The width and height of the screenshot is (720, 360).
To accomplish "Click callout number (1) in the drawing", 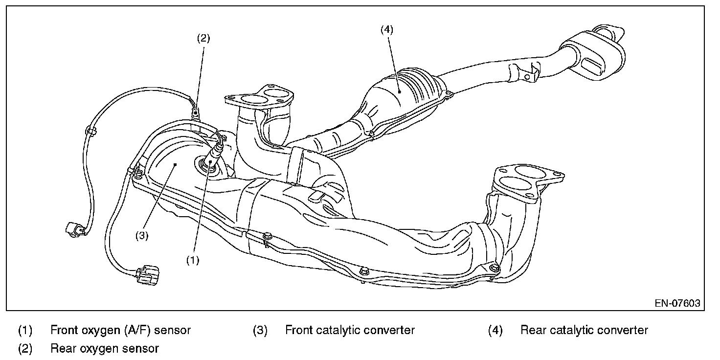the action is (x=193, y=260).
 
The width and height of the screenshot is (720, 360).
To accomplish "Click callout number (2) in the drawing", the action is (x=203, y=38).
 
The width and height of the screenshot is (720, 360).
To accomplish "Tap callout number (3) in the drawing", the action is (x=142, y=236).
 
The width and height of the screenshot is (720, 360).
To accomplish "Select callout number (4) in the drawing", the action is (x=387, y=29).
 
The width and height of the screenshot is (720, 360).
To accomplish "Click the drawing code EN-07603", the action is (x=677, y=303).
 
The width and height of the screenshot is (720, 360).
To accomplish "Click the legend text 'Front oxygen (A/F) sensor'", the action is (x=120, y=330).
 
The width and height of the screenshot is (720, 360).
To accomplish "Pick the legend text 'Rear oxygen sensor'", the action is (x=105, y=348).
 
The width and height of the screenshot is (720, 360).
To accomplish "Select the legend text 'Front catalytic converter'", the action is (x=350, y=330).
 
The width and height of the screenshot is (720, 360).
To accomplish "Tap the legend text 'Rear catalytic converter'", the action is (x=584, y=330).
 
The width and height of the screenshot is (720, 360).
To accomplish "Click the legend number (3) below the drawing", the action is (x=260, y=331).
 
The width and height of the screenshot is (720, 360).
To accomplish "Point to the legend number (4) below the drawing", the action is (x=495, y=331).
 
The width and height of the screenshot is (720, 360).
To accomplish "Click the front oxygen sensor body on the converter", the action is (x=212, y=157).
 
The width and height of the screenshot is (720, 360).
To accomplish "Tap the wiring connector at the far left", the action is (x=76, y=229).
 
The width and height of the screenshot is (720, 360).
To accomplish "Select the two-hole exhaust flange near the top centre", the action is (x=259, y=96).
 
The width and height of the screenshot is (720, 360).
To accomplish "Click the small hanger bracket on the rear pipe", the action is (x=523, y=73).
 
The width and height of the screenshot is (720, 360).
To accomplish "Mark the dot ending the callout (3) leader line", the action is (x=176, y=164).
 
